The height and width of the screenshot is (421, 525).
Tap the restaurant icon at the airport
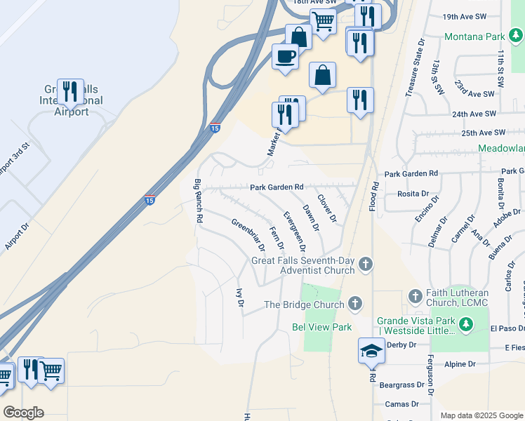(x=70, y=91)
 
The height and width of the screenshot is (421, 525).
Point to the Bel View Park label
(x=321, y=327)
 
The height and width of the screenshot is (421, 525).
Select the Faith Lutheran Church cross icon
(x=415, y=295)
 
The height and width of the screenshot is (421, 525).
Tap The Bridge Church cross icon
(x=355, y=304)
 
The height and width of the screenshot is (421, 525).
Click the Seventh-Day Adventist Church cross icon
(x=364, y=265)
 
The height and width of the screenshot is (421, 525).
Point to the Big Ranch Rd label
(x=199, y=201)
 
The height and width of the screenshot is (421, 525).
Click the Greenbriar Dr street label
(x=248, y=234)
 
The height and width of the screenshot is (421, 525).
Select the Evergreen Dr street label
(x=295, y=231)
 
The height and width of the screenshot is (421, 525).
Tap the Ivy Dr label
(x=239, y=298)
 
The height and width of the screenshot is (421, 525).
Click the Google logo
(x=23, y=413)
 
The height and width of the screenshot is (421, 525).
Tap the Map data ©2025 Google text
(x=481, y=415)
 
